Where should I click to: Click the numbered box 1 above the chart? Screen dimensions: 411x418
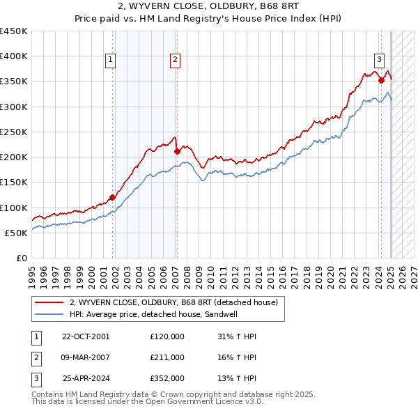(x=111, y=61)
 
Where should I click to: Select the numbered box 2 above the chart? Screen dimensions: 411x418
(x=175, y=61)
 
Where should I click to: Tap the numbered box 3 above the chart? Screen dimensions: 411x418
(x=380, y=61)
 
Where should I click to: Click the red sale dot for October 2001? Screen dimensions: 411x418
(x=112, y=197)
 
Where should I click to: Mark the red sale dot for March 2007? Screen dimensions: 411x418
(x=177, y=151)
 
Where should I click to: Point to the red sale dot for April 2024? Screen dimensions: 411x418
(x=382, y=80)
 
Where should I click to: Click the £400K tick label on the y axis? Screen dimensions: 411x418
(x=13, y=56)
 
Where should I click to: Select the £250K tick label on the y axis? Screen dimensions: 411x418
(x=13, y=132)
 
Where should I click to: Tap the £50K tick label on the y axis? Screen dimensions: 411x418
(x=16, y=233)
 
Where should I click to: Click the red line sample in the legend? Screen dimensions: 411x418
(x=49, y=302)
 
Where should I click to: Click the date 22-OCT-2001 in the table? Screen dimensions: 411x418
(x=86, y=336)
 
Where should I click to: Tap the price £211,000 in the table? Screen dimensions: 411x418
(x=167, y=357)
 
